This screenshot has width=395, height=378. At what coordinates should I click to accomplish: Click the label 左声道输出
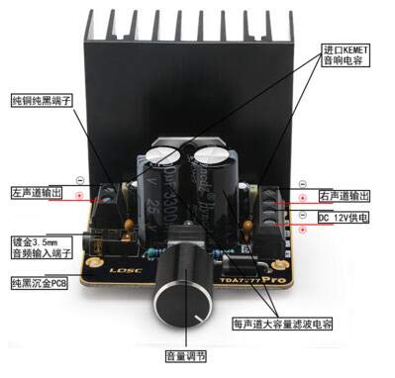click(x=37, y=192)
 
